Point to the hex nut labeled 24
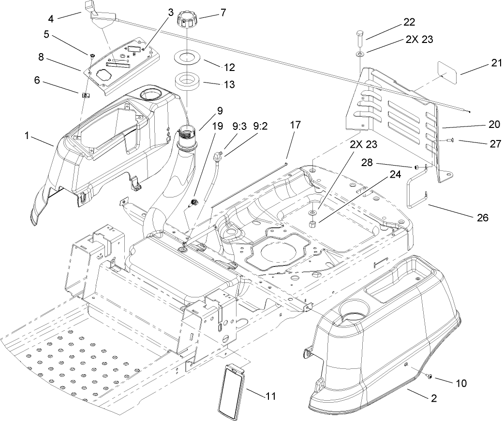(x=312, y=224)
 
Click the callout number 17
(x=295, y=125)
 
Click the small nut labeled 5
(x=90, y=55)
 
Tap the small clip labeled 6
(x=84, y=95)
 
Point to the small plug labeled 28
(x=415, y=167)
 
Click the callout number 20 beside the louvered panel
(x=494, y=124)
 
